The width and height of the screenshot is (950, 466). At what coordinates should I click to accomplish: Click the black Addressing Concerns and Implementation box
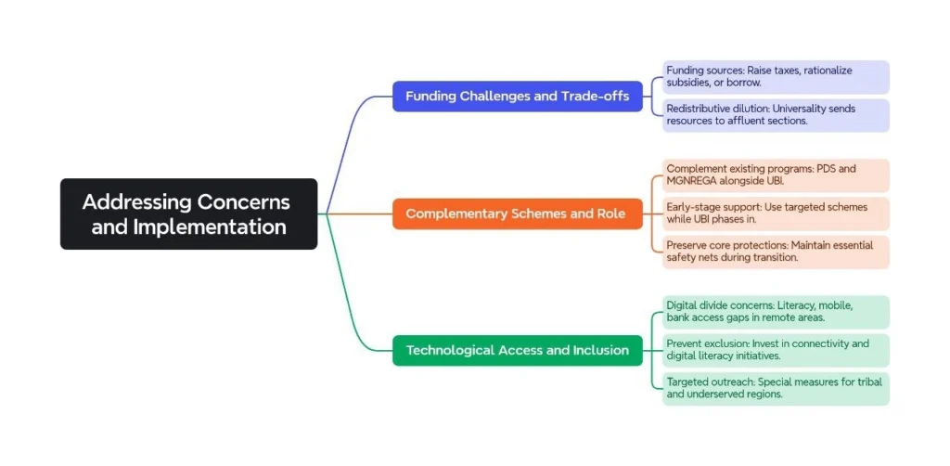click(x=188, y=214)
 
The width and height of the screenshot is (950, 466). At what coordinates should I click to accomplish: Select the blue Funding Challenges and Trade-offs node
click(x=517, y=96)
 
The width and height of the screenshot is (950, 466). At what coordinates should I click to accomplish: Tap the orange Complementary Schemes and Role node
click(x=517, y=214)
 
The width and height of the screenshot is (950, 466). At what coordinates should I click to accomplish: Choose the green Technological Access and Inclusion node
click(x=517, y=350)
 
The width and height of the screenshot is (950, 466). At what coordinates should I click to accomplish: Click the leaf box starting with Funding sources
click(x=776, y=76)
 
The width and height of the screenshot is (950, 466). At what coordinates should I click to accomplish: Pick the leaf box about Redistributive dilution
click(x=776, y=115)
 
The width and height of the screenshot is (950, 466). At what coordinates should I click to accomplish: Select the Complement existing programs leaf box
click(x=776, y=175)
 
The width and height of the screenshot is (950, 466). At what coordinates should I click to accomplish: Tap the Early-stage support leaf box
click(x=776, y=214)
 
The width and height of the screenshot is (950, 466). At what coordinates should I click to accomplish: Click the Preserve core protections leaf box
click(x=776, y=252)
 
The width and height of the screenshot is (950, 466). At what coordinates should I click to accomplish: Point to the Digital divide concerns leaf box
click(x=776, y=312)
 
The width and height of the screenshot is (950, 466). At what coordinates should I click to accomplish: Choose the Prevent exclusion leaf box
click(x=776, y=350)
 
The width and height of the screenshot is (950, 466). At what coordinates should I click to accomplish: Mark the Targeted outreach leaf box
click(x=776, y=388)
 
